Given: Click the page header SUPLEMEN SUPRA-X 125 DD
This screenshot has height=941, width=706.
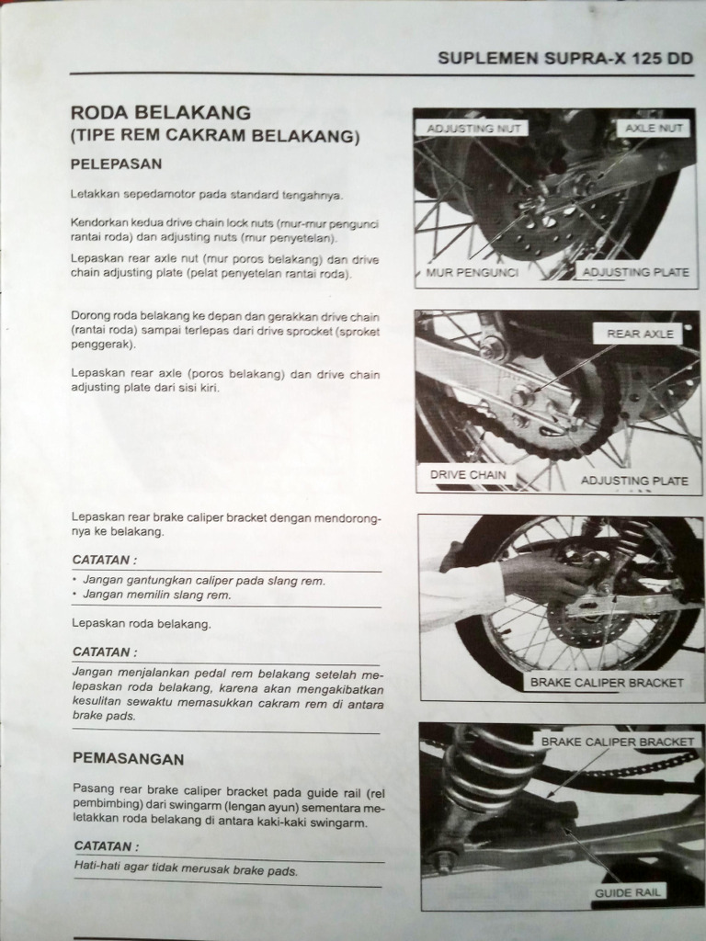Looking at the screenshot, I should point(564,58).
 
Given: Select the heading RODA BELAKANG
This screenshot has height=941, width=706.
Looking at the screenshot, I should point(161,113).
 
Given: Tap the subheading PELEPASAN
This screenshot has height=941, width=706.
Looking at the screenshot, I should point(117,164).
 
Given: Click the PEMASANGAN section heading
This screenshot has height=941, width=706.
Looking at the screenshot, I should point(128,759).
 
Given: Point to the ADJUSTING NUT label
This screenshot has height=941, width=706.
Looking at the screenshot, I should point(473,129).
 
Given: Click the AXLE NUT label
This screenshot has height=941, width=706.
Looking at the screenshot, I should point(655,129).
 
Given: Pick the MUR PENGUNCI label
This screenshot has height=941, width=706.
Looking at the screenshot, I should point(473,273).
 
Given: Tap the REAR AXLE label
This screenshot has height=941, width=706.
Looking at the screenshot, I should point(640,334).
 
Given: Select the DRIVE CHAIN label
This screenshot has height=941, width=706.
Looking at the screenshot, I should point(468,475).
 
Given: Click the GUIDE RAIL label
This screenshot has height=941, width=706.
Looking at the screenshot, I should point(629,891).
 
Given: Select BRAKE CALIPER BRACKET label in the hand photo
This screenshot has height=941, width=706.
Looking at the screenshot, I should point(607,683).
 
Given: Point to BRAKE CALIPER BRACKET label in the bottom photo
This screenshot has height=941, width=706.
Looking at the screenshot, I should point(617,741).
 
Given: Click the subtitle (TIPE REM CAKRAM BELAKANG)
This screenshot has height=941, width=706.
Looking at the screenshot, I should point(214,137).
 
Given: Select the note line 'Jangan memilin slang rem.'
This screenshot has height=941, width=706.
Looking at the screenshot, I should point(156,595).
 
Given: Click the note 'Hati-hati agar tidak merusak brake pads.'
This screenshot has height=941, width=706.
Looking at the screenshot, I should point(186,869).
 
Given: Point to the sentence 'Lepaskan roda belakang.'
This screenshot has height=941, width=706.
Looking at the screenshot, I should point(141,624).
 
